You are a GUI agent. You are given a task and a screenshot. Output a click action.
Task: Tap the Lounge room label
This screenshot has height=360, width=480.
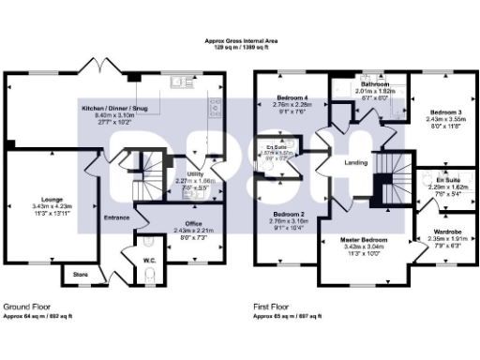(x=52, y=200)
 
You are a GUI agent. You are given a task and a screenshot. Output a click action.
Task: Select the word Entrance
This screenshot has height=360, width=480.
(x=116, y=217)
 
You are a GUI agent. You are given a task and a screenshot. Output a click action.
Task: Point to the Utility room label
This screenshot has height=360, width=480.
(x=196, y=174)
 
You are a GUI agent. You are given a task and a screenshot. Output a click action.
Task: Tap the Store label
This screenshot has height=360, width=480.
(x=81, y=275)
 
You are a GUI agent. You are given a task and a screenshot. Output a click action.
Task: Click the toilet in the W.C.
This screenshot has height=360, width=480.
(x=151, y=275)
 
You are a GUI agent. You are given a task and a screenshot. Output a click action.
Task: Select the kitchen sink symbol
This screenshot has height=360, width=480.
(x=180, y=83)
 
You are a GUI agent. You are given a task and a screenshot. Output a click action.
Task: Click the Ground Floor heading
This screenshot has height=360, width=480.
(x=26, y=307)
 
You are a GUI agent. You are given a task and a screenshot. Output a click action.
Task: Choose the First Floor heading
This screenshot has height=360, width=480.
(x=273, y=307)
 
